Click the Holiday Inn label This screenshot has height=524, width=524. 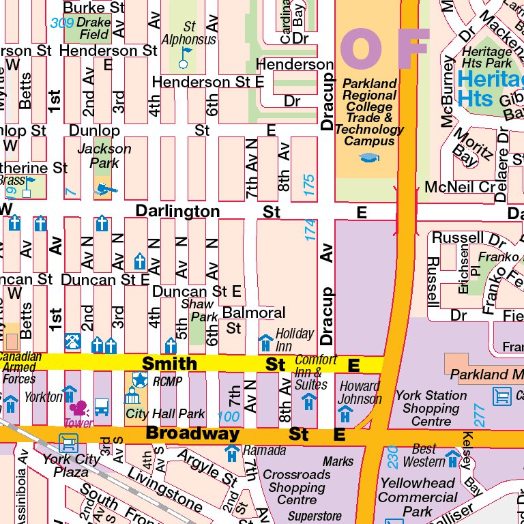(295, 334)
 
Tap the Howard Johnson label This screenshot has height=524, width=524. (360, 392)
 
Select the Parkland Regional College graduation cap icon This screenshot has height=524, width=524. (369, 158)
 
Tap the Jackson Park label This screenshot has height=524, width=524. (104, 156)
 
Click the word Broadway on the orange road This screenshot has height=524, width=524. (184, 433)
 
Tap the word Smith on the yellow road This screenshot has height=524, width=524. (169, 364)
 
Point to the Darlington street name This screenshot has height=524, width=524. (177, 212)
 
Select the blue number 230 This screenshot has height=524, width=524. (392, 456)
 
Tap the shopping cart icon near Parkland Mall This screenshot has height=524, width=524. (501, 396)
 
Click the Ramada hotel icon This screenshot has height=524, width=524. (232, 452)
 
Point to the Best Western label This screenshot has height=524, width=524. (424, 456)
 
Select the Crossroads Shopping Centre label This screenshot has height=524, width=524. (297, 487)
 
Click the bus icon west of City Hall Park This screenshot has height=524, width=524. (102, 407)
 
